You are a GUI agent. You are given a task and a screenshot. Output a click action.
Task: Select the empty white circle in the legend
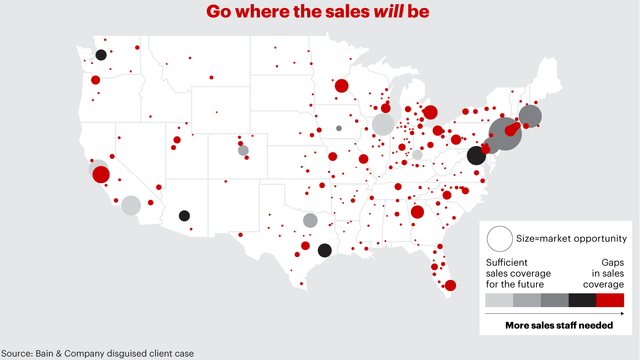(x=500, y=239)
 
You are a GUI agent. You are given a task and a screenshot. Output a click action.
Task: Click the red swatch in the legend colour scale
(x=610, y=300)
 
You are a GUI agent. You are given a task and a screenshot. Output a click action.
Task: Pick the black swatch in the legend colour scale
(x=582, y=300)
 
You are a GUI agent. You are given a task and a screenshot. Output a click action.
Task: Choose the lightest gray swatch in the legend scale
(x=499, y=300)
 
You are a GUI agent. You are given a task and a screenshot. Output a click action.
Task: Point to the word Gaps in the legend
(x=612, y=263)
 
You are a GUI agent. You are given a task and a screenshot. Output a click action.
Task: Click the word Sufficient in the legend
(x=507, y=263)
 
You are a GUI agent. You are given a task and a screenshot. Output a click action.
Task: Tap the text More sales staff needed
(x=559, y=325)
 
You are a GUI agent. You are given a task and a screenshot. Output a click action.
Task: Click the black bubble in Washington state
(x=101, y=55)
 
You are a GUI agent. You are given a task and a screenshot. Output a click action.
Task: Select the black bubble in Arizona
(x=184, y=216)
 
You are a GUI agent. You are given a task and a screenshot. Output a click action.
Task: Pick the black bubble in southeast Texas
(x=325, y=250)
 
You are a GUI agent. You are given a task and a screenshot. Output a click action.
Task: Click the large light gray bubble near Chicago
(x=383, y=124)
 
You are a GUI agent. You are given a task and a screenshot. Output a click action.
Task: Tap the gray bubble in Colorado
(x=243, y=150)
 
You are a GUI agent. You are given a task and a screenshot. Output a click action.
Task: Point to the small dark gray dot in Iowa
(x=339, y=128)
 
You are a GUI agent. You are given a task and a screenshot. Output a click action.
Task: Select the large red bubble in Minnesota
(x=341, y=86)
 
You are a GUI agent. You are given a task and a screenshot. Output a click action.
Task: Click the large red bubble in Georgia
(x=417, y=212)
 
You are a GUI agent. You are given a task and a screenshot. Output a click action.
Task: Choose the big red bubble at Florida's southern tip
(x=450, y=285)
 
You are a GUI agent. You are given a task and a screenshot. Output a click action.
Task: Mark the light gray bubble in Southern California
(x=131, y=205)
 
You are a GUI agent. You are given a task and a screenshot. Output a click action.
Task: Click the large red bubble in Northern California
(x=101, y=174)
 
